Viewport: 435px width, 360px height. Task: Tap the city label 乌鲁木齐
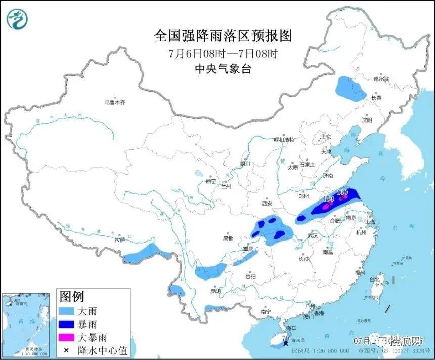[115, 103]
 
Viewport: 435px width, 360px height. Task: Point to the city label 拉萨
[119, 240]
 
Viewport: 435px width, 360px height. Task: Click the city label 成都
[228, 238]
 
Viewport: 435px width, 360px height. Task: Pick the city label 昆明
[215, 291]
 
